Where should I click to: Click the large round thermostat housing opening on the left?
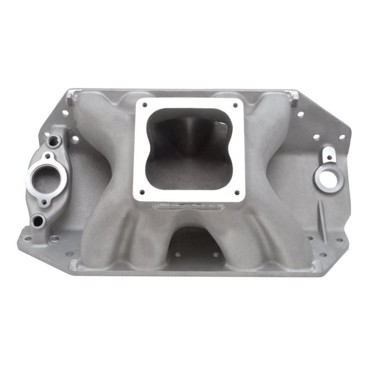click(x=45, y=177)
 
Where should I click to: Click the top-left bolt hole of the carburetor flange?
click(x=141, y=106)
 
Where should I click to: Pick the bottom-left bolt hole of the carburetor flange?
click(x=141, y=192)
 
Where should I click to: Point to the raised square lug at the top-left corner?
click(x=88, y=94)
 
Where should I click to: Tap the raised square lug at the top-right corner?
click(x=290, y=94)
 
